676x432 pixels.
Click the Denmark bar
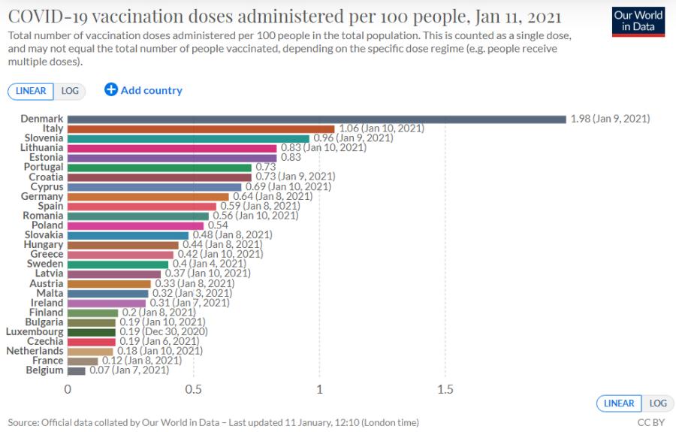tap(317, 119)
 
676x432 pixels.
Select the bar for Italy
tap(201, 129)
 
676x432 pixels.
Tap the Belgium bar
tap(77, 371)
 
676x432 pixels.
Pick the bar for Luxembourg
tap(92, 332)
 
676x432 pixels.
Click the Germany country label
tap(42, 196)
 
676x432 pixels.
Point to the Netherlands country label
tap(35, 351)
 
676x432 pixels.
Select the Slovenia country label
tap(44, 138)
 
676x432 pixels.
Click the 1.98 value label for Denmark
tap(581, 119)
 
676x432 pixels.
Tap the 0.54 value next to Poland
tap(218, 225)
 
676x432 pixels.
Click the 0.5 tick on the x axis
tap(193, 389)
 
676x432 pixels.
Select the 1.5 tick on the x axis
tap(445, 389)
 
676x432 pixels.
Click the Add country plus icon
tap(111, 89)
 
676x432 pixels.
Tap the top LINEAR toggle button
tap(31, 91)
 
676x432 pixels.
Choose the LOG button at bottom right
tap(658, 403)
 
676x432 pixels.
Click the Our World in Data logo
tap(638, 22)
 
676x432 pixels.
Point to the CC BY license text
tap(651, 422)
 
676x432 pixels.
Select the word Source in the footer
tap(23, 422)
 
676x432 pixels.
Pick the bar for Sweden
tap(118, 264)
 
